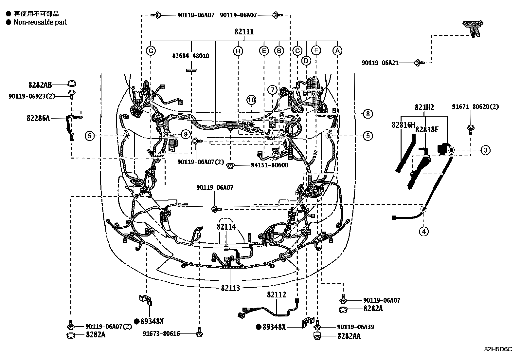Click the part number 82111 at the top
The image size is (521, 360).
pyautogui.click(x=244, y=32)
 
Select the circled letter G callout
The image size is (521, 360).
pyautogui.click(x=151, y=51)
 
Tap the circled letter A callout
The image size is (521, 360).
pyautogui.click(x=337, y=51)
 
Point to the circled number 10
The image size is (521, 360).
pyautogui.click(x=251, y=100)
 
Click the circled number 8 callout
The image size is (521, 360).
pyautogui.click(x=368, y=114)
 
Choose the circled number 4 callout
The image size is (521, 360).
pyautogui.click(x=423, y=232)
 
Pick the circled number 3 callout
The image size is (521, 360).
pyautogui.click(x=485, y=150)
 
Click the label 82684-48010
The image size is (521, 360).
pyautogui.click(x=191, y=56)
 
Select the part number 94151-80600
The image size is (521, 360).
pyautogui.click(x=269, y=165)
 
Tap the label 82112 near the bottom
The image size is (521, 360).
pyautogui.click(x=276, y=294)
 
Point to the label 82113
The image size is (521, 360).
pyautogui.click(x=230, y=288)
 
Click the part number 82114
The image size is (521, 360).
pyautogui.click(x=226, y=227)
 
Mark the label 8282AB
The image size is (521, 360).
pyautogui.click(x=40, y=85)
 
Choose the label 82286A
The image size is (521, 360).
pyautogui.click(x=38, y=118)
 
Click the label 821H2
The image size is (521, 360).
pyautogui.click(x=424, y=107)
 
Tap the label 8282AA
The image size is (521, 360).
pyautogui.click(x=349, y=336)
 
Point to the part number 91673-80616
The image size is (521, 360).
pyautogui.click(x=161, y=334)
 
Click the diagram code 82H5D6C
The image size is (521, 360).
pyautogui.click(x=498, y=349)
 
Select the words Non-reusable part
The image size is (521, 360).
pyautogui.click(x=40, y=22)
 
